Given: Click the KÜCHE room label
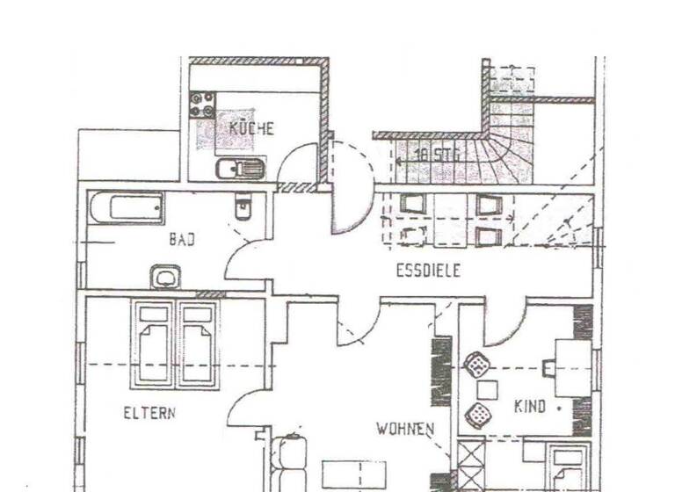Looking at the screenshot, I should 252,128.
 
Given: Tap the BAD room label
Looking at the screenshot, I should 182,239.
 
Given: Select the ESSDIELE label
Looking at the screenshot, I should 428,271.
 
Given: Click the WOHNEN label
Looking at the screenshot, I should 405,429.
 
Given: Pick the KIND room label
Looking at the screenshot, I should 530,407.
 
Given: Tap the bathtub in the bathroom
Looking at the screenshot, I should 126,208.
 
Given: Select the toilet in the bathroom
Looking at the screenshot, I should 243,208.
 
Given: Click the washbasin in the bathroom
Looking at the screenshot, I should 165,278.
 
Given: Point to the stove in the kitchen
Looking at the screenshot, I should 203,106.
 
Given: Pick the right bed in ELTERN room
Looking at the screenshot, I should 197,344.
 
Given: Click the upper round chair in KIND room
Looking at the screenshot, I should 475,363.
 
